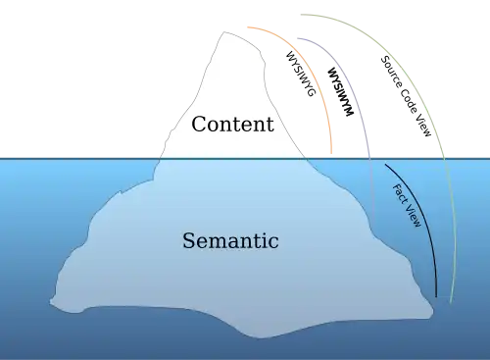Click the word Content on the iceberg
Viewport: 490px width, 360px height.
(232, 125)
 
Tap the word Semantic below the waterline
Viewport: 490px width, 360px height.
(230, 240)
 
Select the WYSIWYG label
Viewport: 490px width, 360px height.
(301, 74)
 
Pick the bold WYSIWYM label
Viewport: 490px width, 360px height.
(340, 91)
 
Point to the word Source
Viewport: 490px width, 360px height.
(391, 73)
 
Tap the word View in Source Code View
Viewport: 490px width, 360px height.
(424, 125)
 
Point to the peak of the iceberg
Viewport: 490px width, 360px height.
(224, 31)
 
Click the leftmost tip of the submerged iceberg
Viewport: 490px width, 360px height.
(50, 302)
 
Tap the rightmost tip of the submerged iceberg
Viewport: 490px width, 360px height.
(433, 311)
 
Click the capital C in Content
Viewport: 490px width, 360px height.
(199, 125)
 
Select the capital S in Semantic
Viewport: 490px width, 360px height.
(189, 240)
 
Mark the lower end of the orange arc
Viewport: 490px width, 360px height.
(331, 153)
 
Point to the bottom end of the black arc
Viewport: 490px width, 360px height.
(436, 297)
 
